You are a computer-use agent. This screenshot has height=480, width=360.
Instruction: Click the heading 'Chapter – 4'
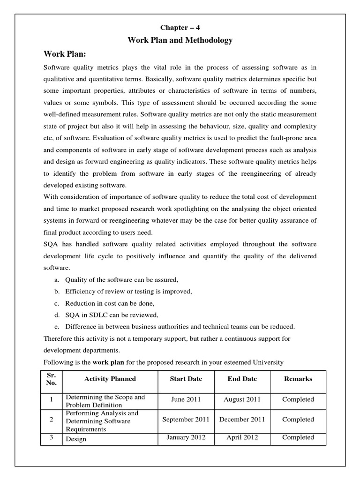[x=180, y=27]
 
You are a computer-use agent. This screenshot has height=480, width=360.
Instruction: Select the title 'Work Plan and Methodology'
[x=180, y=41]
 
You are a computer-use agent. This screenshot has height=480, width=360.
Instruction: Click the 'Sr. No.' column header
[x=52, y=379]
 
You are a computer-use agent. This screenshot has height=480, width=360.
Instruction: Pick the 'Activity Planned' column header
[x=110, y=379]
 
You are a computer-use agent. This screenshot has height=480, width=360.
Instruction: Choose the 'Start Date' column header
[x=186, y=379]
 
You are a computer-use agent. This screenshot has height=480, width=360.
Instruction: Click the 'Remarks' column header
[x=298, y=379]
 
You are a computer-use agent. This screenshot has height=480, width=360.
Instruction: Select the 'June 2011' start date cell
[x=186, y=399]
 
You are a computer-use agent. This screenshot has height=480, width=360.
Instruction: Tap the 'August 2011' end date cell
[x=242, y=399]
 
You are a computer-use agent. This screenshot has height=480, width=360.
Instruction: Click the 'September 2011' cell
[x=186, y=420]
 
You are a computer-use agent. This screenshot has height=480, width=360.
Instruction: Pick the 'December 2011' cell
[x=242, y=420]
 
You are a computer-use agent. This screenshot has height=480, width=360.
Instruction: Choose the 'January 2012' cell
[x=186, y=437]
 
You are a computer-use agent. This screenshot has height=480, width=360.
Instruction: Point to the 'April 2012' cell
[x=242, y=437]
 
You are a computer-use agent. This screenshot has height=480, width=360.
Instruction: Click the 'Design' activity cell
[x=76, y=440]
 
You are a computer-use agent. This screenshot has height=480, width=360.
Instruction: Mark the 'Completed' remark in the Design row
[x=298, y=437]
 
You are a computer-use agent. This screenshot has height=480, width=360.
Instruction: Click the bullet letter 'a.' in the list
[x=56, y=280]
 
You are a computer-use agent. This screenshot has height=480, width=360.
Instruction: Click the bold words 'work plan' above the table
[x=107, y=362]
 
